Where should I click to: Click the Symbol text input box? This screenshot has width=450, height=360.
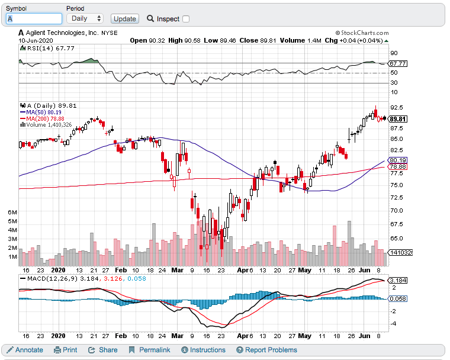tap(34, 19)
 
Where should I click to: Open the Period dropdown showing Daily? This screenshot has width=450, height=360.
tap(85, 19)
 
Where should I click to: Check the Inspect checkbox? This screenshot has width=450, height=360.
tap(186, 19)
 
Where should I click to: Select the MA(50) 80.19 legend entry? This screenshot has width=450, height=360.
tap(43, 112)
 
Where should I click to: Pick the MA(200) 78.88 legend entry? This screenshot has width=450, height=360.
tap(44, 118)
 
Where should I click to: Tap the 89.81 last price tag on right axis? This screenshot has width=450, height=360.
tap(397, 119)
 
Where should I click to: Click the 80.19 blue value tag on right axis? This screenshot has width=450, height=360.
tap(397, 160)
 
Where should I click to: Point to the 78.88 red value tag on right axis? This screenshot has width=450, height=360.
tap(397, 167)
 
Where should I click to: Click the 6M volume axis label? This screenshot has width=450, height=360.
tap(12, 211)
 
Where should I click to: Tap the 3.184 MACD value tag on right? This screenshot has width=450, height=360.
tap(397, 280)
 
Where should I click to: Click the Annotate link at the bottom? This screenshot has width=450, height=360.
tap(24, 350)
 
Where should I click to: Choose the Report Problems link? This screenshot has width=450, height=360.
tap(266, 350)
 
